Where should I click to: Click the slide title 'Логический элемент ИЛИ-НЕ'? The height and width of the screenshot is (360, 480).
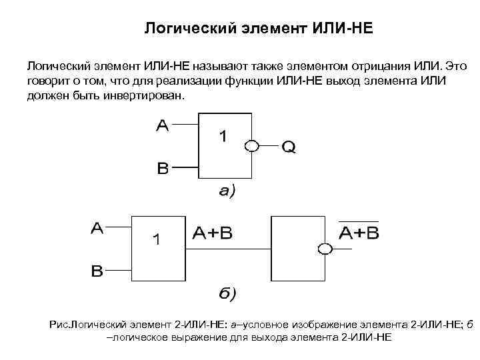tap(259, 29)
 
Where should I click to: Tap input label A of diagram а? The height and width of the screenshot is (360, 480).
tap(163, 125)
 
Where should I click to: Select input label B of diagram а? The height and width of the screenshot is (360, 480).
tap(163, 168)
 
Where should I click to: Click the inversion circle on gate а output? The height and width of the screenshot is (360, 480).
tap(251, 146)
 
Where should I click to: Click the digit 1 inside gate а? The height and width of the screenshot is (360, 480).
tap(223, 137)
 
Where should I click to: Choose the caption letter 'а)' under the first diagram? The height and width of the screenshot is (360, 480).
tap(227, 191)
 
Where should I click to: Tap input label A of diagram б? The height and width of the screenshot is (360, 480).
tap(97, 228)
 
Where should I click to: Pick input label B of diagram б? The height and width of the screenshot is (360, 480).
tap(97, 271)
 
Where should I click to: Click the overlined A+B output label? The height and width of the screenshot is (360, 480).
tap(359, 233)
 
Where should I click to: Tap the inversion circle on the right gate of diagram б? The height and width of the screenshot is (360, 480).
tap(325, 250)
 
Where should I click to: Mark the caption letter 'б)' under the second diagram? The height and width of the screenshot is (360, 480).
tap(227, 293)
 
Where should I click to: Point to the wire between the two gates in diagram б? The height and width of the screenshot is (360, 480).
tap(227, 250)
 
